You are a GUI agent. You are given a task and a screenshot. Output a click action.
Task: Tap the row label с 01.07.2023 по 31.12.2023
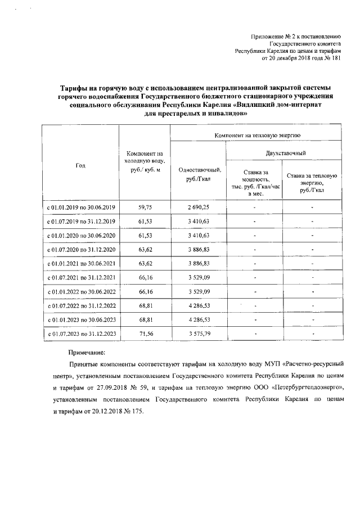81,334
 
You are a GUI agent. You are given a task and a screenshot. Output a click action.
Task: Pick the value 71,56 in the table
145,334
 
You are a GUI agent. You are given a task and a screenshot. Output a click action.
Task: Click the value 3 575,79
198,334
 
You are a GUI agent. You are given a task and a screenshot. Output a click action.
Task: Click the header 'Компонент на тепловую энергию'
256,136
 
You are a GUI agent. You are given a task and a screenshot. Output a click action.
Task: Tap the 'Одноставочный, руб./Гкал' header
199,174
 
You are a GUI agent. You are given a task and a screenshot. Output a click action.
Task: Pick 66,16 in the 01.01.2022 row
145,291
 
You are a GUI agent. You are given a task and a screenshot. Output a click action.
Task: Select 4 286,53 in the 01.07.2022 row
198,305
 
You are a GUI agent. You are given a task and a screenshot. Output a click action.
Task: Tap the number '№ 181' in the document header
332,58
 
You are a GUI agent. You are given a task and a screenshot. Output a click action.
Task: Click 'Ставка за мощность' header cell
255,182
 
